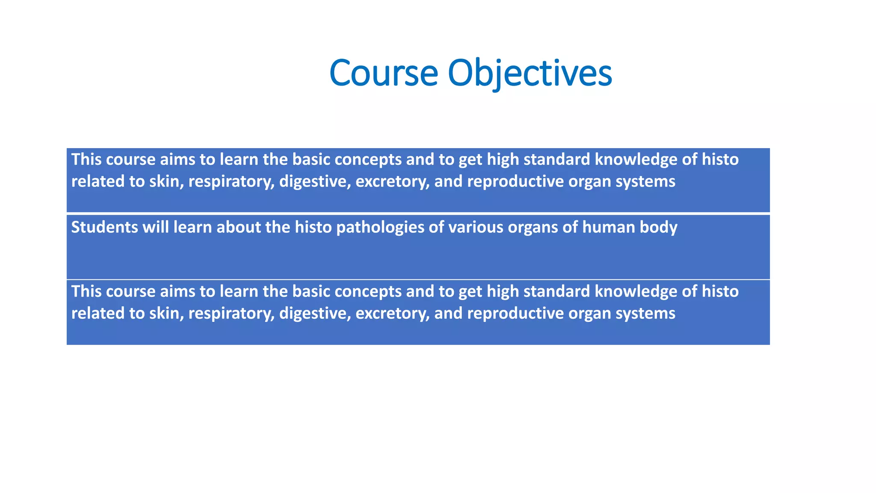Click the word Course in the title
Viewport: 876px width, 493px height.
click(384, 73)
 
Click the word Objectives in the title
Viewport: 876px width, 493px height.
click(530, 73)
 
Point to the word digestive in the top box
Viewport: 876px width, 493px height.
click(315, 181)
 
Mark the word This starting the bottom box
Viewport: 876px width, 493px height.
click(86, 291)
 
